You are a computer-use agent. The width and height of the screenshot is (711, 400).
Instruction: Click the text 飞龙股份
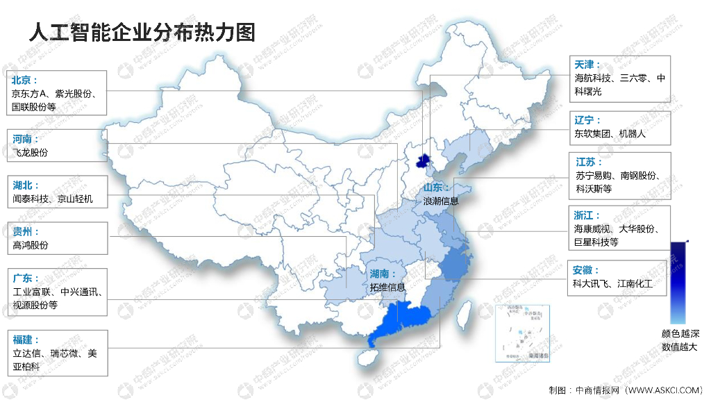[31, 153]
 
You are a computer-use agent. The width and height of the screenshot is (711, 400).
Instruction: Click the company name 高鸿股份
[31, 245]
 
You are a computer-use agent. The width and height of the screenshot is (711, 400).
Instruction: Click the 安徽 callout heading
[586, 270]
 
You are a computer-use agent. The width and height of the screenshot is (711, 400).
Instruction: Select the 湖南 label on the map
[383, 274]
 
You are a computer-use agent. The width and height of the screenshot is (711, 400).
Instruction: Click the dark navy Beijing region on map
[421, 162]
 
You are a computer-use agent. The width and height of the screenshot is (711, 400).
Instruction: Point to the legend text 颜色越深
[679, 333]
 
